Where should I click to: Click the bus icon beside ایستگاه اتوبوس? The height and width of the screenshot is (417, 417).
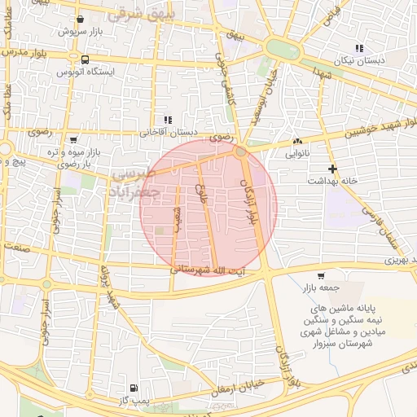coord(86,59)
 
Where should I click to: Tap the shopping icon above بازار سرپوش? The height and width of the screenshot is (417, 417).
coord(79,19)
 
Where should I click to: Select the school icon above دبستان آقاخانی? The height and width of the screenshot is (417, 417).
coord(168,119)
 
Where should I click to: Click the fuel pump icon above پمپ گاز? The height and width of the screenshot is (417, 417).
coord(134,388)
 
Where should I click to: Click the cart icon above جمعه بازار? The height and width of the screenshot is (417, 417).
coord(320,275)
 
